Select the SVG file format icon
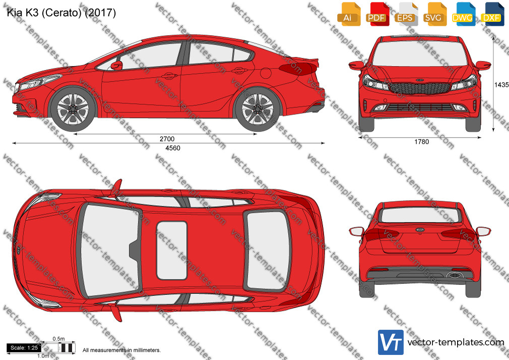pos(434,14)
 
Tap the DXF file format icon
pos(491,14)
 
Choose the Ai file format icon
pos(348,14)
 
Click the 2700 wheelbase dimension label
pos(167,139)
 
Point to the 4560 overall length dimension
pos(173,148)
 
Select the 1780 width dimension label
pos(421,142)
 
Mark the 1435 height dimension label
pos(501,85)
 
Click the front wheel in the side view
pos(73,109)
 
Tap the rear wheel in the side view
pos(258,109)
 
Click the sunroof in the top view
pos(172,251)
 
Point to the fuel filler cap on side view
pos(266,73)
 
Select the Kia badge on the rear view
pos(420,230)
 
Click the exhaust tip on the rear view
pos(455,275)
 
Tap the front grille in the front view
pos(420,88)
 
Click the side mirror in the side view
pos(116,66)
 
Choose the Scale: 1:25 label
pos(24,348)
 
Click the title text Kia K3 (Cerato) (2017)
pos(61,13)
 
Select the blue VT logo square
pos(391,342)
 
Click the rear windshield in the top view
pos(267,251)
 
